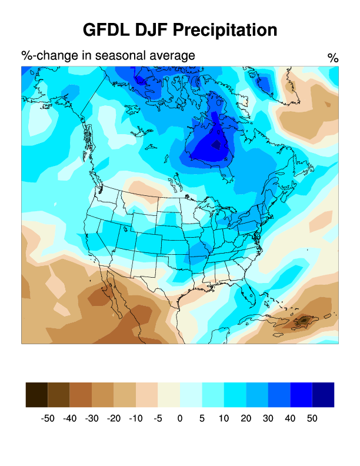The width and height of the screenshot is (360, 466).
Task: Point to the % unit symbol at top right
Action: click(333, 58)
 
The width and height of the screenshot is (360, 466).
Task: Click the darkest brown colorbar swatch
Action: click(36, 395)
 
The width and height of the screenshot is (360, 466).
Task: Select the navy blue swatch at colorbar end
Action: click(323, 395)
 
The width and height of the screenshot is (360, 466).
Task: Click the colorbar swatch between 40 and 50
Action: click(301, 395)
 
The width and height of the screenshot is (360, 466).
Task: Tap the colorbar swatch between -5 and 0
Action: click(169, 395)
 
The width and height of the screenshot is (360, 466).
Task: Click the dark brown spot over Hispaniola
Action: click(305, 320)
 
